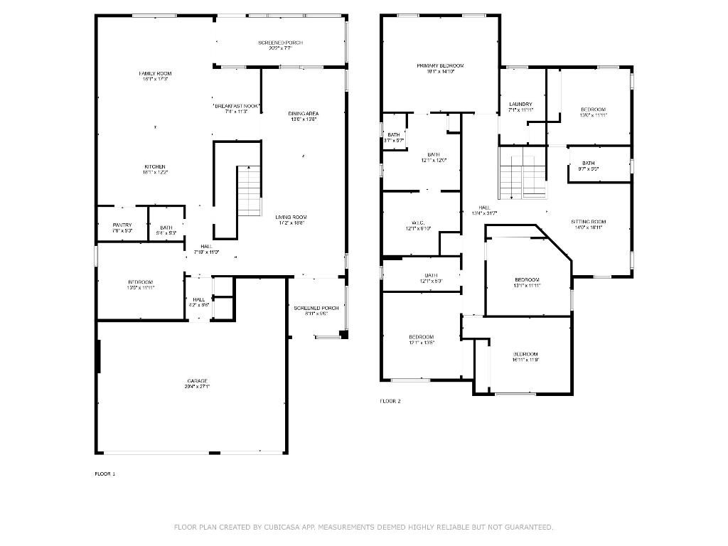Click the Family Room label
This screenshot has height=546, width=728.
155,74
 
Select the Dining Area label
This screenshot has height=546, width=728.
303,114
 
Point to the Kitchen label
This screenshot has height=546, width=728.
155,167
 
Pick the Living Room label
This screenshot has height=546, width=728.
291,218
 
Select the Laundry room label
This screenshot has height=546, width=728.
520,105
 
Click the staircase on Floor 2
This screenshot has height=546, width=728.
523,173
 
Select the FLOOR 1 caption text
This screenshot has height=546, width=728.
105,473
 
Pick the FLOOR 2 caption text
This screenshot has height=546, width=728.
390,401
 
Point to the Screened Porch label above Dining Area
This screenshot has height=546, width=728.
280,43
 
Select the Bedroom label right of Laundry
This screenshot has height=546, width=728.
593,109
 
